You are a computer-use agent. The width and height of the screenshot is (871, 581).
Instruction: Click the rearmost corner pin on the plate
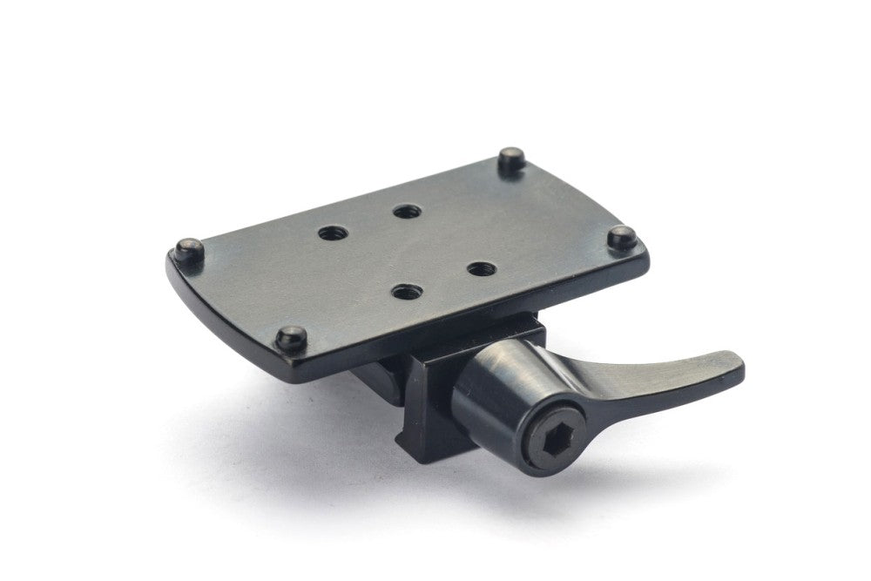point(511,159)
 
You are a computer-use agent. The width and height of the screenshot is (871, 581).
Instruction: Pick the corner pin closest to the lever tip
point(620,237)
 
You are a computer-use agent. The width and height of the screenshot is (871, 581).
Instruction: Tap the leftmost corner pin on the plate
point(189,250)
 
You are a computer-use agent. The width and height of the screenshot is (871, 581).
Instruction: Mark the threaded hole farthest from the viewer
point(402,211)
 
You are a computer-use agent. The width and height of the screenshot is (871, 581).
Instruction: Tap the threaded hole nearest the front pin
point(402,292)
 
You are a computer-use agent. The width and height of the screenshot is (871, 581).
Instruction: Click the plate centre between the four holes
point(402,251)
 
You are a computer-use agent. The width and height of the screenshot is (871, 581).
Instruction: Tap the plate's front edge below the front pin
point(296,366)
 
